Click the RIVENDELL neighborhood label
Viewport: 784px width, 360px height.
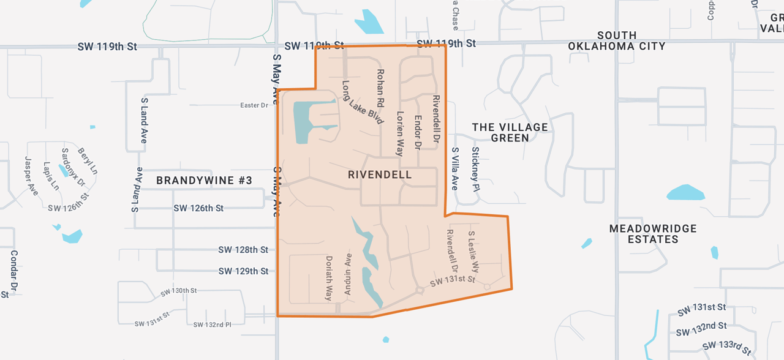coord(380,175)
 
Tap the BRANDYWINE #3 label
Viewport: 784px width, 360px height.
coord(204,181)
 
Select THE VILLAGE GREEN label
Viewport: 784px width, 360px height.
coord(510,132)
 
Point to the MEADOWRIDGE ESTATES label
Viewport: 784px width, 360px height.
coord(653,234)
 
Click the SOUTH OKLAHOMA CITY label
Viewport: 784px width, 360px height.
coord(616,40)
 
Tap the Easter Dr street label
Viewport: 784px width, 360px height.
coord(254,105)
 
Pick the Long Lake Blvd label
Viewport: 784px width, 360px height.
coord(363,102)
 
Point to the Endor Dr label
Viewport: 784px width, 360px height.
coord(418,132)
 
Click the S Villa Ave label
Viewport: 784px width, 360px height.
coord(454,168)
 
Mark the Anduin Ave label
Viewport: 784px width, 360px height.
coord(348,274)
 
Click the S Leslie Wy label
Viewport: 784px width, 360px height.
coord(473,253)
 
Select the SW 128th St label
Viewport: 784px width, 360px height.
coord(243,250)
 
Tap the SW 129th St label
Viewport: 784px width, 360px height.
coord(243,271)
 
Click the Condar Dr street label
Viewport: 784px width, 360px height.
coord(13,270)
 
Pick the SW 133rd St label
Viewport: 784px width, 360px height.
coord(726,347)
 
